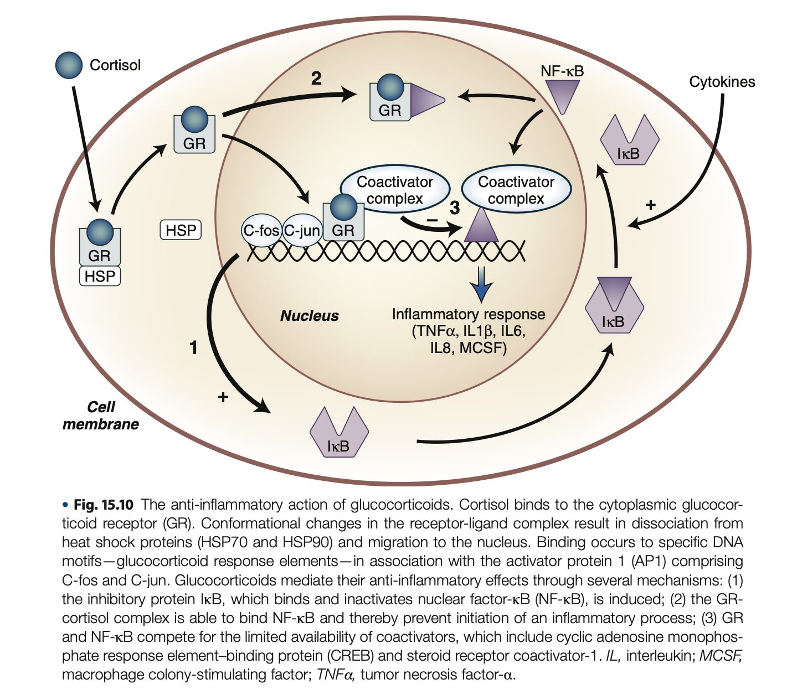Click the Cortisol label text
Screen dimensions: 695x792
click(x=115, y=65)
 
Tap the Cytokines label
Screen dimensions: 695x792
click(x=722, y=82)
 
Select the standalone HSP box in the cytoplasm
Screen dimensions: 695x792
click(x=181, y=230)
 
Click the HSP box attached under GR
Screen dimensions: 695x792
click(x=100, y=276)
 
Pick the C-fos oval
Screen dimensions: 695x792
click(x=261, y=230)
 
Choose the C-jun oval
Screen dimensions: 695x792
click(x=302, y=230)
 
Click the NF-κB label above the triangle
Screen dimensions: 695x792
click(x=562, y=71)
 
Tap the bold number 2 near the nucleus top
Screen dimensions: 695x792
click(x=316, y=79)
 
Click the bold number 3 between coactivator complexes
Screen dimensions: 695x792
click(x=455, y=208)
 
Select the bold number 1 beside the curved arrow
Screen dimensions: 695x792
click(x=193, y=347)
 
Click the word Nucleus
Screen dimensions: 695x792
click(x=309, y=316)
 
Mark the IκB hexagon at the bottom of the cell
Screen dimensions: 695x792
click(x=338, y=433)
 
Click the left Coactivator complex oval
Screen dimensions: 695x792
click(x=394, y=190)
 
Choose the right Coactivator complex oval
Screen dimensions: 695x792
click(x=516, y=190)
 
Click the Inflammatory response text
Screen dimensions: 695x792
click(x=469, y=314)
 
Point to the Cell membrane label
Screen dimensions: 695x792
click(x=101, y=416)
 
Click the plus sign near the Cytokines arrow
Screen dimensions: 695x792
click(x=651, y=205)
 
